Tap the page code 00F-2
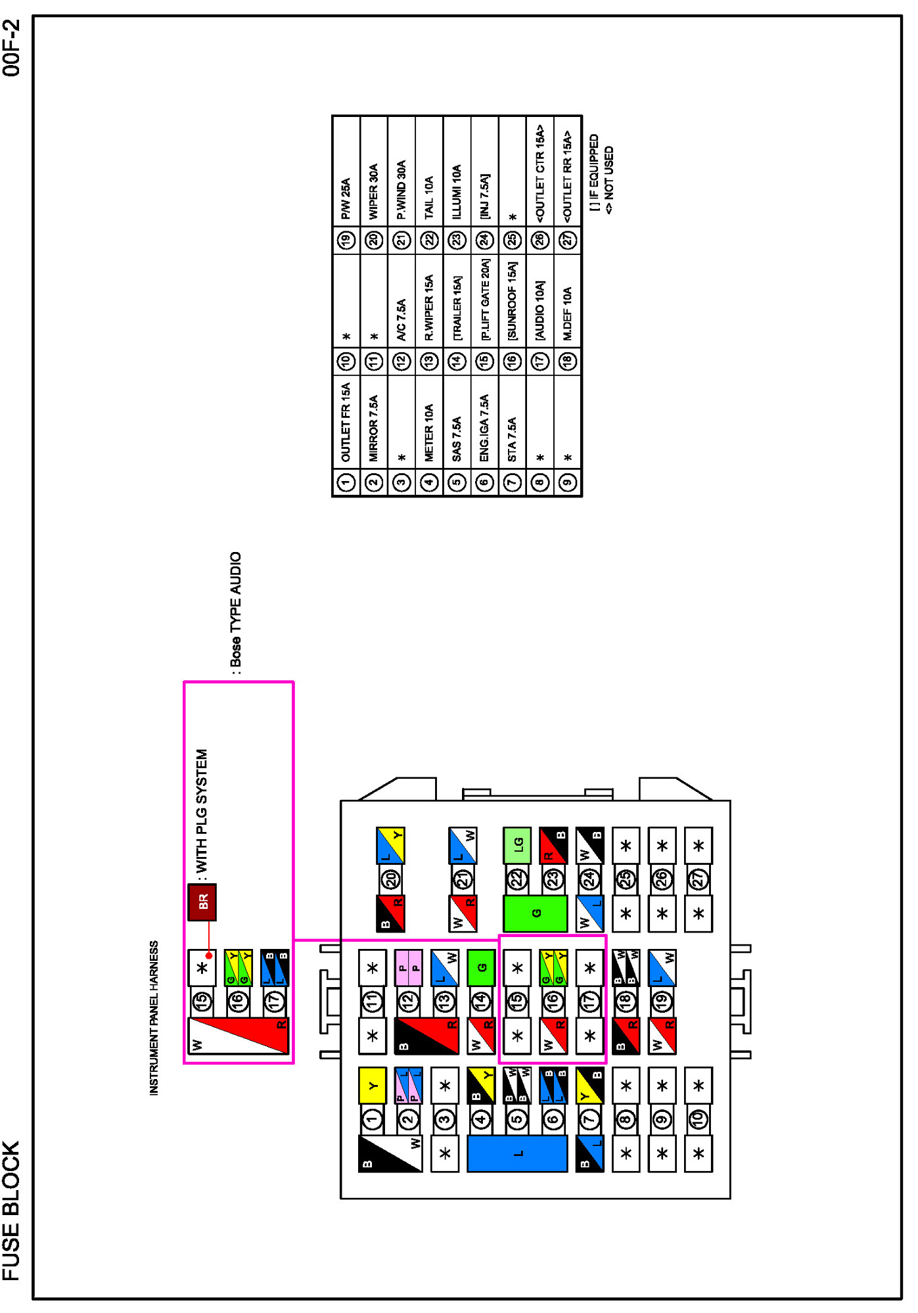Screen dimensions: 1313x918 pos(11,48)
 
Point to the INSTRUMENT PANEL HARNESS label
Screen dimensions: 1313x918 pos(154,1018)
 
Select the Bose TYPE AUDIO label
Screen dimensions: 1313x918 pos(236,609)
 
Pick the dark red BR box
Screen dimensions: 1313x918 pos(202,902)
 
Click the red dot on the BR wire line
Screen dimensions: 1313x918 pos(209,956)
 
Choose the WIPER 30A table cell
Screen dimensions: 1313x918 pos(374,191)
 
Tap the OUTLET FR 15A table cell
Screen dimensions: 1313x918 pos(346,422)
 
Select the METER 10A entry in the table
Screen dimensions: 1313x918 pos(429,432)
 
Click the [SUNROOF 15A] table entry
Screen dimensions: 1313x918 pos(513,300)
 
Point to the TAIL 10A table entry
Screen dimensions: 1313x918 pos(429,197)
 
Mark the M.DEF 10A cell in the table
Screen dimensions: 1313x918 pos(568,313)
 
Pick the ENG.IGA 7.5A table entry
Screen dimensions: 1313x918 pos(484,427)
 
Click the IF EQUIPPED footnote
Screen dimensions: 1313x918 pos(594,172)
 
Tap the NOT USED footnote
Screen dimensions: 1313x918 pos(608,179)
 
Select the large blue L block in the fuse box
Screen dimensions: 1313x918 pos(517,1153)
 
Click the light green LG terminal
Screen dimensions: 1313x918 pos(517,844)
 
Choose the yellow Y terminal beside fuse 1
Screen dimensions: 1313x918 pos(372,1085)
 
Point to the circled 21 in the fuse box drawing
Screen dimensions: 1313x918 pos(463,879)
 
